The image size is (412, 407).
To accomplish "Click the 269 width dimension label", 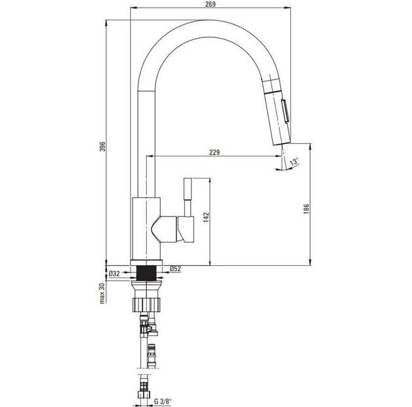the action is (x=211, y=4).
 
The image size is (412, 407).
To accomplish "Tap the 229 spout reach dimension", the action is (x=215, y=152).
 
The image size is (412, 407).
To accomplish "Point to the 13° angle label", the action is (x=294, y=162).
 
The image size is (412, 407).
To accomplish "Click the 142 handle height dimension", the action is (x=206, y=217).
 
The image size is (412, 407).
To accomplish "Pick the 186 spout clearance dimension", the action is (x=306, y=209).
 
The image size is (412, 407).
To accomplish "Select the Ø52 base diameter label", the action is (x=176, y=268).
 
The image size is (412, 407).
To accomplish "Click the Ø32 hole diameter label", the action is (x=114, y=274).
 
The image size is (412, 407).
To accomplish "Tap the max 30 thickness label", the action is (x=102, y=293).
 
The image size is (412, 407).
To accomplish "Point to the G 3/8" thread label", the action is (x=163, y=402).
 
